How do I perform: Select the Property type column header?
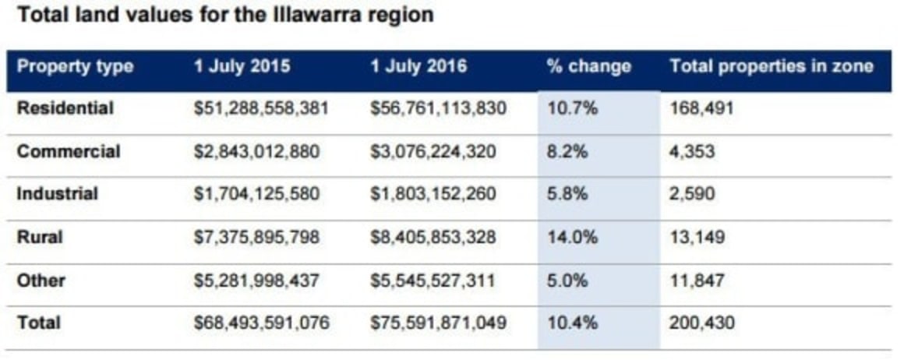(75, 66)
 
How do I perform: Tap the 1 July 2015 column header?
(242, 66)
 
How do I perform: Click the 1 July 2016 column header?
(418, 66)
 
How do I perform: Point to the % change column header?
(588, 66)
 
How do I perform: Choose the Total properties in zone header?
(771, 66)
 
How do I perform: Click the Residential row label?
(65, 108)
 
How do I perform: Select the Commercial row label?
(69, 151)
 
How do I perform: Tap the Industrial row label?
(58, 194)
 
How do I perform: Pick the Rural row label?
(37, 237)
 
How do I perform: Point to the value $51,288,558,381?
(260, 108)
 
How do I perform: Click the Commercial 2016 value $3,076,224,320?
(433, 151)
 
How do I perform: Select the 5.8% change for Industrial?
(567, 194)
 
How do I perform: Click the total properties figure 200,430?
(702, 322)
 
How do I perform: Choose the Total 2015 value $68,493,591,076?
(260, 322)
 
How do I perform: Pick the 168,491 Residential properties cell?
(701, 108)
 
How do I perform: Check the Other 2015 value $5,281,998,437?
(256, 280)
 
